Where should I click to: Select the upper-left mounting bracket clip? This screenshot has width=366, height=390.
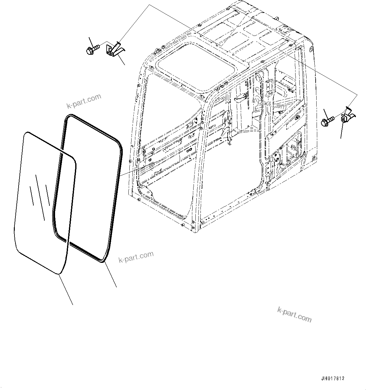115,49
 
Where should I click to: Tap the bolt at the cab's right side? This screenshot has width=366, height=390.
328,121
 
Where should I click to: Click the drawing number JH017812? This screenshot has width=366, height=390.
333,378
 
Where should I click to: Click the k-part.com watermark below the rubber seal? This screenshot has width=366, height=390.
136,257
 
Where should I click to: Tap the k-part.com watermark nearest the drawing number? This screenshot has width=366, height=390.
294,314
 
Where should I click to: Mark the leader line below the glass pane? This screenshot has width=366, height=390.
66,290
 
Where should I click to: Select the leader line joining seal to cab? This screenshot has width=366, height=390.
132,172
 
